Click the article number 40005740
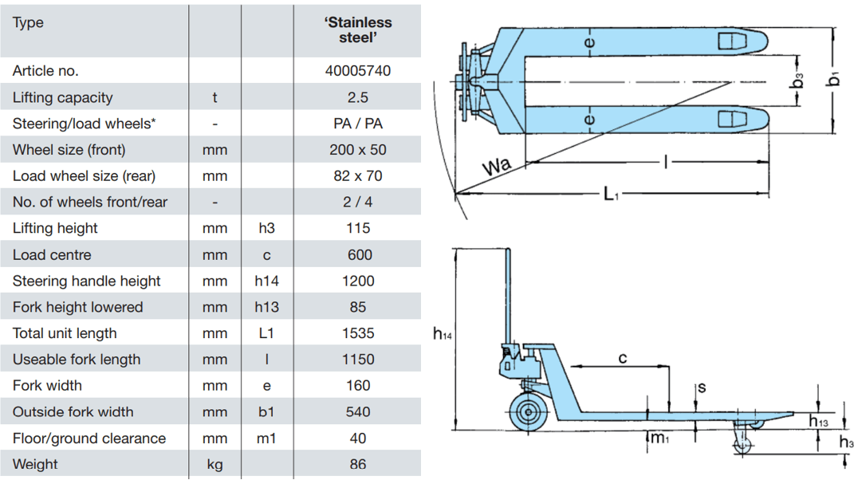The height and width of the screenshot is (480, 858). [x=358, y=71]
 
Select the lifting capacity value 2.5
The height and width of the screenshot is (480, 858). [x=358, y=97]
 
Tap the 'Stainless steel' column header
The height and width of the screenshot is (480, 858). [x=358, y=30]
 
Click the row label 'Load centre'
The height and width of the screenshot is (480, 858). [x=52, y=255]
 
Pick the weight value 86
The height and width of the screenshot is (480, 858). [x=358, y=464]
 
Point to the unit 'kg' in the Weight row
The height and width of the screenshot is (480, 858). [x=214, y=464]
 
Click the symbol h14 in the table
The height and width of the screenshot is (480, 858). [x=266, y=281]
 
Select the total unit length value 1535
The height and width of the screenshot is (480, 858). [x=358, y=333]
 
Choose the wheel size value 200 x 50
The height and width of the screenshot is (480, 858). [x=358, y=150]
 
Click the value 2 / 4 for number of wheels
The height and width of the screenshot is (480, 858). [x=358, y=202]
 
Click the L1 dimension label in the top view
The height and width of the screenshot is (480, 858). [x=610, y=194]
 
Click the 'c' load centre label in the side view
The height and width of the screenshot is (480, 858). [x=623, y=358]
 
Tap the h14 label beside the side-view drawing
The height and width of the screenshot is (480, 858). [x=443, y=336]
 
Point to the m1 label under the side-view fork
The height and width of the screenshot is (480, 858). [x=657, y=438]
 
